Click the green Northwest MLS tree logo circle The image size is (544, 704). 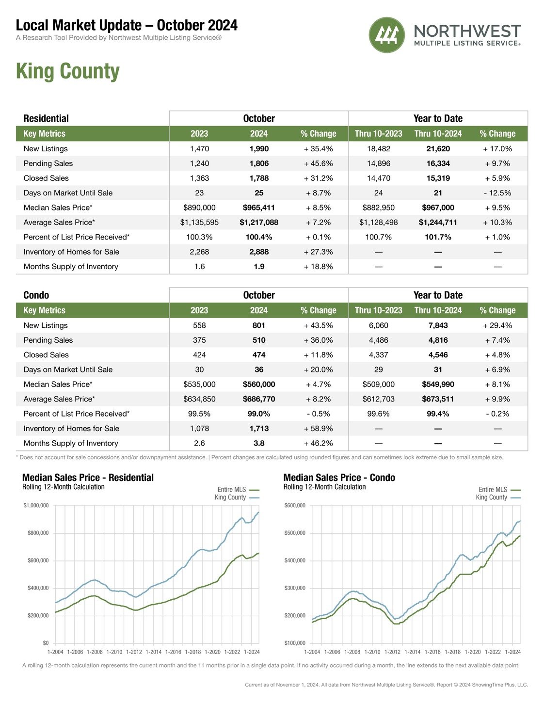coord(386,35)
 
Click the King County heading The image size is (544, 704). coord(68,71)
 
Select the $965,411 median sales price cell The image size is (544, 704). coord(259,208)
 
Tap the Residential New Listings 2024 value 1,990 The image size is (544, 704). coord(259,149)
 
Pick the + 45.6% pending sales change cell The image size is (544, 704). coord(318,163)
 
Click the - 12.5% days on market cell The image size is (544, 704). coord(497,193)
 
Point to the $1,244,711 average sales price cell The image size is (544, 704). coord(438,222)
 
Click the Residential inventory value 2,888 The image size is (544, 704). coord(259,252)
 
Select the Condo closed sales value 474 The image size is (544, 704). coord(259,355)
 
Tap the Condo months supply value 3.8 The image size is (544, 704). coord(259,443)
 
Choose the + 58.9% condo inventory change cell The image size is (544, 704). coord(318,428)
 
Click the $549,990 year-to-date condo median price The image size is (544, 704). coord(438,384)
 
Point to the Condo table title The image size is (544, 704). coord(36,295)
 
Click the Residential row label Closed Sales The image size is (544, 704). coord(46,178)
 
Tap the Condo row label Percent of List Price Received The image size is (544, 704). coord(77,414)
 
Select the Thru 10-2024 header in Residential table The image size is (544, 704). coord(438,133)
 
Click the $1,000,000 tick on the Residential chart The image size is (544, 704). coord(36,505)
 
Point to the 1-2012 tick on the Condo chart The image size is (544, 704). coord(392,652)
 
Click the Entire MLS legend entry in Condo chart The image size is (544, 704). coord(499,490)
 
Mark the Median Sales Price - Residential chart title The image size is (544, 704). coord(88,478)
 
